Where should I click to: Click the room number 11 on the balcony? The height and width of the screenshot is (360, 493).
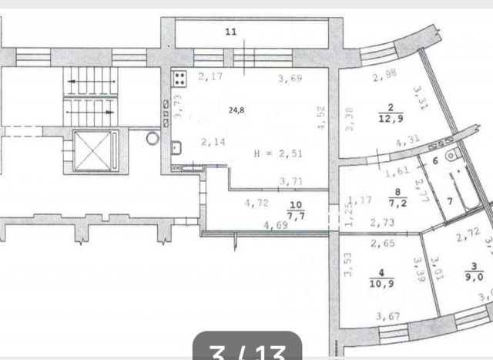tap(230, 32)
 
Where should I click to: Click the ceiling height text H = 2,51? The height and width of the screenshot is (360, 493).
tap(277, 153)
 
